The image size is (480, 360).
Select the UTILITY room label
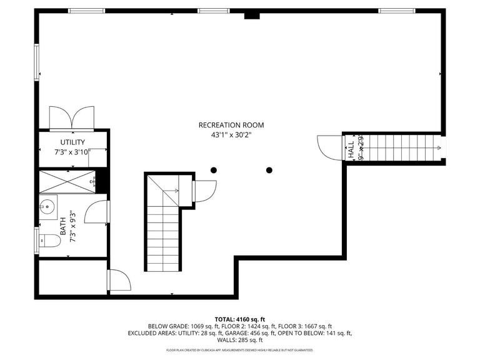coord(72,142)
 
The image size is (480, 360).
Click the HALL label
coord(351,148)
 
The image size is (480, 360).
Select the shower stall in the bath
coord(66,181)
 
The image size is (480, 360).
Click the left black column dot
coord(214,170)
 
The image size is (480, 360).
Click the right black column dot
coord(269,170)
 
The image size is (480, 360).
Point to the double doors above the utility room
coord(72,117)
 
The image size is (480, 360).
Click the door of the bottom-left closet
coord(119,280)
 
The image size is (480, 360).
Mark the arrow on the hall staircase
coord(439,148)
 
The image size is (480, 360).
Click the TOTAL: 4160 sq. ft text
coord(240,319)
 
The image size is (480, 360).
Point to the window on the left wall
coord(37,62)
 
